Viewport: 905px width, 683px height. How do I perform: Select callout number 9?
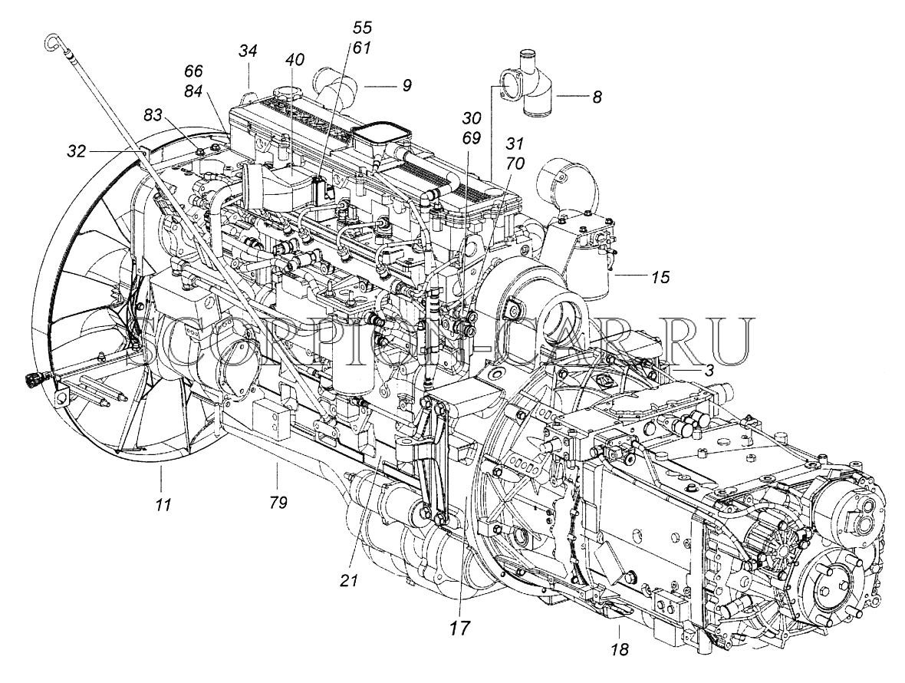coord(406,85)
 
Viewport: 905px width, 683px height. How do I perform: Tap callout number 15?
coord(660,277)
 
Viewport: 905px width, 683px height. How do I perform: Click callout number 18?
coord(620,650)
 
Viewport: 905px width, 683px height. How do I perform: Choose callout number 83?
coord(153,115)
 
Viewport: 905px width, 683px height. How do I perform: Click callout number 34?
coord(248,51)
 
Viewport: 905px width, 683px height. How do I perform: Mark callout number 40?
coord(295,59)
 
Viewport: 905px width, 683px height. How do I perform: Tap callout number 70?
coord(514,163)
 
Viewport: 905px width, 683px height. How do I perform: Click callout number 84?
coord(193,89)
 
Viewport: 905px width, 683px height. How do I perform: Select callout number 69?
coord(472,138)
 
